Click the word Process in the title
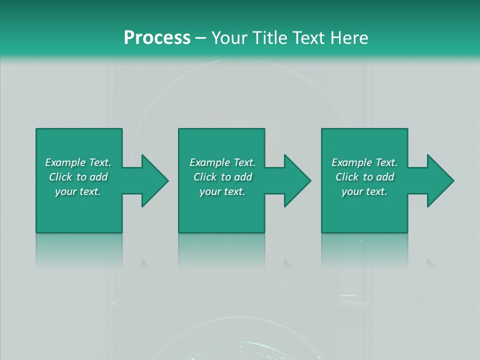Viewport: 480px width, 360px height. [157, 38]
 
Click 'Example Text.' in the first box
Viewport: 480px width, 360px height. [78, 162]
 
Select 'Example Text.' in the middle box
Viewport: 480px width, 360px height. [222, 162]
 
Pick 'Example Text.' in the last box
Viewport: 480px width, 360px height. [364, 162]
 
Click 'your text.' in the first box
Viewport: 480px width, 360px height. [78, 191]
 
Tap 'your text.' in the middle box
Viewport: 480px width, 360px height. [222, 191]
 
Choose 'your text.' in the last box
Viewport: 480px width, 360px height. [364, 191]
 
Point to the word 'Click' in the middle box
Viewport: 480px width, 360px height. [205, 177]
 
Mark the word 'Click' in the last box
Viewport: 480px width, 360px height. [347, 177]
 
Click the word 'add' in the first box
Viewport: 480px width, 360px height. [99, 177]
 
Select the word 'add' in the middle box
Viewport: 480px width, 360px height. [243, 177]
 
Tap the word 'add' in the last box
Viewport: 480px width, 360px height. [385, 177]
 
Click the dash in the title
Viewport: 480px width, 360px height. [201, 38]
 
